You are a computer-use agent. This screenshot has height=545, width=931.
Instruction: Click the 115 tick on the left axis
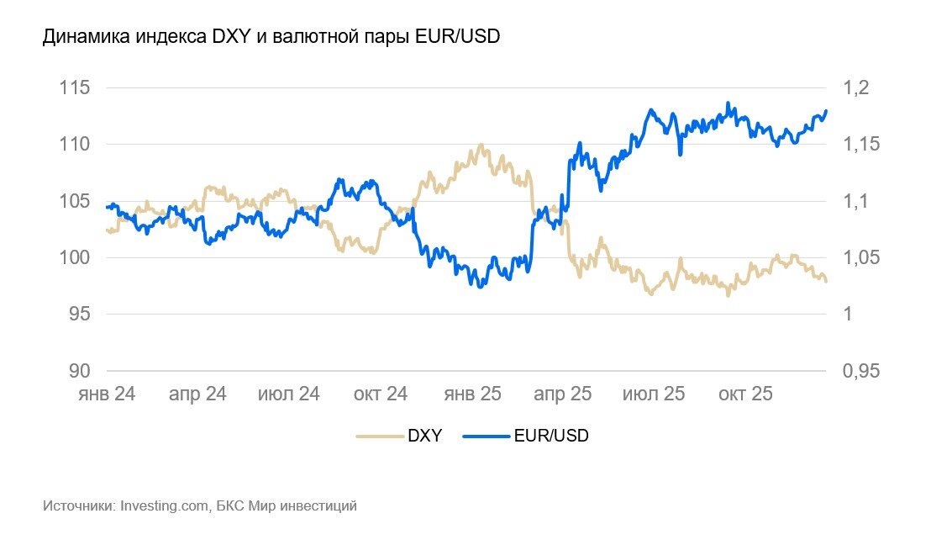pos(76,88)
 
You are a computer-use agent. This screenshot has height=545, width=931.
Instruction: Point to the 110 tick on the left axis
pos(76,145)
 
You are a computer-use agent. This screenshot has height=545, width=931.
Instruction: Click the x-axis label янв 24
pos(106,394)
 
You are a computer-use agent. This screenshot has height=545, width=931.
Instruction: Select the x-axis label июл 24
pos(288,394)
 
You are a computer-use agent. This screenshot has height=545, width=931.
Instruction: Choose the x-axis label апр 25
pos(563,394)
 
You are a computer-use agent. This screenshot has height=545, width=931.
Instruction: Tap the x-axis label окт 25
pos(744,394)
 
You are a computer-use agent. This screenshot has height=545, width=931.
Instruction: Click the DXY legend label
pos(425,436)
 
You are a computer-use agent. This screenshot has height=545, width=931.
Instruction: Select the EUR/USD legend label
pos(551,436)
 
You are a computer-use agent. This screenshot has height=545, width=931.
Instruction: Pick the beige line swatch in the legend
pos(380,436)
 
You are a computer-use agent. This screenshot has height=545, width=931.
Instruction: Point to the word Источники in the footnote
pos(78,506)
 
